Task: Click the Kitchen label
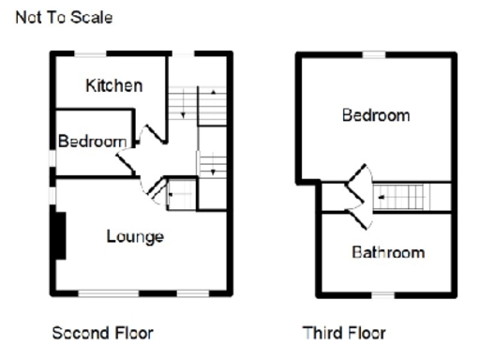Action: tap(114, 86)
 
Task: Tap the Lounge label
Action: tap(135, 236)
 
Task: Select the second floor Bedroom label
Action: tap(92, 142)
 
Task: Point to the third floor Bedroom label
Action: tap(375, 115)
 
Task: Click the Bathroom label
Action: tap(388, 252)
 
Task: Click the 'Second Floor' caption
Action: tap(103, 333)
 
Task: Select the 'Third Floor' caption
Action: tap(344, 333)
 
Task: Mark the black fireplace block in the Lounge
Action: tap(59, 235)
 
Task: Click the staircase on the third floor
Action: tap(403, 199)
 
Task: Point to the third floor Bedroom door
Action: tap(354, 183)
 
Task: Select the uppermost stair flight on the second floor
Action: tap(199, 105)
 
